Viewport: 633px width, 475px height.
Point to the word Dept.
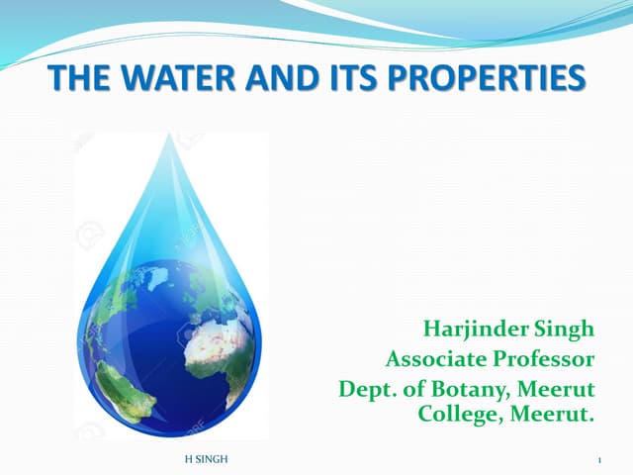364,388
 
